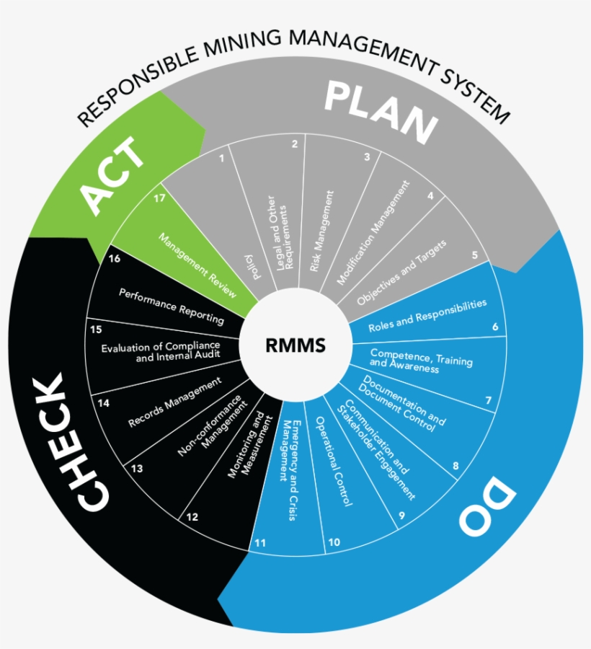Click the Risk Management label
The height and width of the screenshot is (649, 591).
[x=322, y=231]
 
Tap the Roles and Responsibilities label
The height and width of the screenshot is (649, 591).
[x=427, y=316]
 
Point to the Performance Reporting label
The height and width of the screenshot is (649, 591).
[x=172, y=306]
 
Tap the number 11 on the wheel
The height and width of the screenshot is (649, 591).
[x=260, y=542]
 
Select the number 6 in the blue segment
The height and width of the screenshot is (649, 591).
[x=495, y=327]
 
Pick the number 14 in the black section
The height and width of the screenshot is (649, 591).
[x=104, y=403]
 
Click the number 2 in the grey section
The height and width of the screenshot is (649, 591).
[x=294, y=144]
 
